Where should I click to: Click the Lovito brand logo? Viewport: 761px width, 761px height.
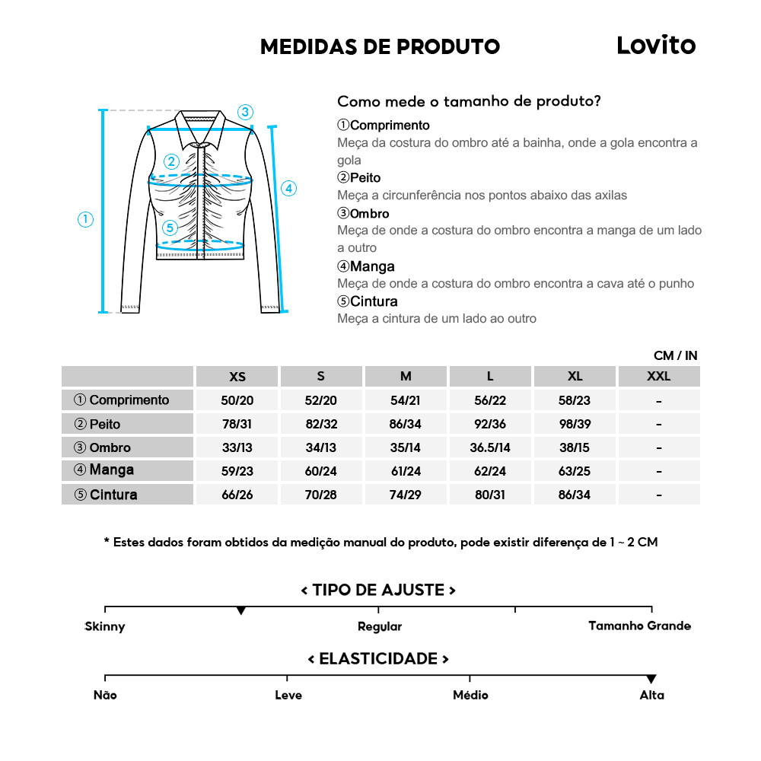click(x=656, y=45)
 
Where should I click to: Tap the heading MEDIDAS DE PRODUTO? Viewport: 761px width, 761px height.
click(x=380, y=46)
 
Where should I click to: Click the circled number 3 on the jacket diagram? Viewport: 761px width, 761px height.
click(x=244, y=112)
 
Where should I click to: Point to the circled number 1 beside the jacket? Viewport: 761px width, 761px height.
click(x=85, y=219)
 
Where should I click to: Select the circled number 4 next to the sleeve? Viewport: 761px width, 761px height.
click(x=288, y=189)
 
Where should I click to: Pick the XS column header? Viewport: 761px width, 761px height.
click(x=237, y=377)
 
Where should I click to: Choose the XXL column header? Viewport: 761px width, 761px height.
click(x=658, y=377)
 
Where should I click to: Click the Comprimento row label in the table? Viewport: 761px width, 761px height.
click(x=122, y=400)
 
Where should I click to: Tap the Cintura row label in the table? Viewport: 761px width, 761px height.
click(x=106, y=495)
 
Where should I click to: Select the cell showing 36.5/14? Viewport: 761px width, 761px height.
click(x=490, y=448)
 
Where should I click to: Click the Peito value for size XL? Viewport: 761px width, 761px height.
click(x=575, y=425)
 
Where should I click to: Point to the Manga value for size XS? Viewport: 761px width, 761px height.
click(x=237, y=472)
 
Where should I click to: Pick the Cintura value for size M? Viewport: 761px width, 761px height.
click(x=406, y=495)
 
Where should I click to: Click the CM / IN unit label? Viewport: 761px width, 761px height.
click(x=675, y=355)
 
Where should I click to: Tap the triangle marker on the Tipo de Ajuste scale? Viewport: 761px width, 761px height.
click(x=241, y=610)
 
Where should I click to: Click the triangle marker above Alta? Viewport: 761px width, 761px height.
click(x=651, y=679)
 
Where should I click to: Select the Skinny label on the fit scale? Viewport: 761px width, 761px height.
click(x=105, y=627)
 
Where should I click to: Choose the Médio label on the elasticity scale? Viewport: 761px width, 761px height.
click(x=470, y=696)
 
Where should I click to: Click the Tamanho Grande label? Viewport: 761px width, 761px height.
click(x=639, y=626)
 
